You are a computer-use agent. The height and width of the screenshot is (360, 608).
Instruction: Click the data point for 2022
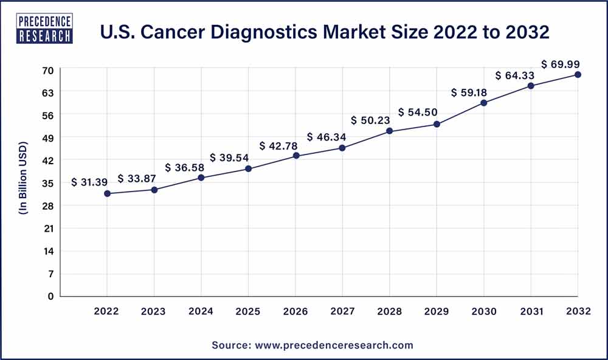click(x=107, y=193)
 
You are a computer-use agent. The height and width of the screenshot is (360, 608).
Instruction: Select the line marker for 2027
click(x=342, y=148)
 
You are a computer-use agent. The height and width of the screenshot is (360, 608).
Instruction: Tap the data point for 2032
click(x=578, y=75)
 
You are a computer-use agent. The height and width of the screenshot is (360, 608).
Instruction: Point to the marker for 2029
click(x=437, y=125)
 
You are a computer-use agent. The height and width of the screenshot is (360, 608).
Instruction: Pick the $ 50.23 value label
click(x=370, y=120)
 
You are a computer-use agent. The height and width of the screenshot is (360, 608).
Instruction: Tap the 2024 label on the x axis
click(x=201, y=311)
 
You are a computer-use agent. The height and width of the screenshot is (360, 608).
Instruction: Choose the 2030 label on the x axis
click(x=483, y=311)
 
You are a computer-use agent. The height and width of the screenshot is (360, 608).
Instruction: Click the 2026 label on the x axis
click(x=295, y=311)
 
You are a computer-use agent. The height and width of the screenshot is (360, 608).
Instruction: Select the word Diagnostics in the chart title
click(x=294, y=32)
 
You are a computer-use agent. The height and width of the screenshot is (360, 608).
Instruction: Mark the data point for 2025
click(x=248, y=168)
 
